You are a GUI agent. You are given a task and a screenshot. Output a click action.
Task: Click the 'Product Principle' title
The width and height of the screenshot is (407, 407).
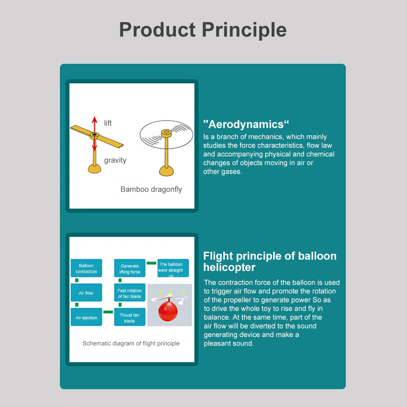point(203,30)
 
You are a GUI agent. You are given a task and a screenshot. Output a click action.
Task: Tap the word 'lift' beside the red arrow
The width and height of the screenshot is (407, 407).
point(108,123)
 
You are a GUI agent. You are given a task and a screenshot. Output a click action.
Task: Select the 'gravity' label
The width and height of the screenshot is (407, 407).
point(115,160)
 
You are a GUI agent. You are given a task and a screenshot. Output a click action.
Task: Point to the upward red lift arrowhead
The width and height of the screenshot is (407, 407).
point(94,120)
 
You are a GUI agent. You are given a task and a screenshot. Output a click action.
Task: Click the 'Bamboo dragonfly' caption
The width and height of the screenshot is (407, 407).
point(151,189)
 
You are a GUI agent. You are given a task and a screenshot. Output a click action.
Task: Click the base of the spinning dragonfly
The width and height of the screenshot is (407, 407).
point(166,171)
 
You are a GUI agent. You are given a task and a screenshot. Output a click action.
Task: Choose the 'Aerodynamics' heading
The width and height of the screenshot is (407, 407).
point(246,124)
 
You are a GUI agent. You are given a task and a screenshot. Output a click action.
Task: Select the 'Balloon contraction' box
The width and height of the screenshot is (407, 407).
point(86,268)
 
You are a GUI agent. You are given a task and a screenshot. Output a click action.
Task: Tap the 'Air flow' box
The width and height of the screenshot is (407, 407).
point(86,292)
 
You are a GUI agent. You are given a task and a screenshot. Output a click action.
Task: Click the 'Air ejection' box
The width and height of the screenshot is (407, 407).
point(86,317)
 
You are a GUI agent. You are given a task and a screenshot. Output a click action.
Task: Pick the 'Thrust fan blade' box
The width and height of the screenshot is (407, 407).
point(130,317)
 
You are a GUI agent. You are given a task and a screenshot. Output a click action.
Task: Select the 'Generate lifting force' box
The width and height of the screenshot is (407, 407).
point(130,268)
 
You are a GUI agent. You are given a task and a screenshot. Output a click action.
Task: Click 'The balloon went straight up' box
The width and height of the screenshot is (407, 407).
point(173,268)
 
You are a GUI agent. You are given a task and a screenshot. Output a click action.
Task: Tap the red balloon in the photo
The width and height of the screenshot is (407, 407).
point(168,311)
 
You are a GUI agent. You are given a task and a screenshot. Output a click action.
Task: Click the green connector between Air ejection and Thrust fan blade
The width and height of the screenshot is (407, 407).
point(108,312)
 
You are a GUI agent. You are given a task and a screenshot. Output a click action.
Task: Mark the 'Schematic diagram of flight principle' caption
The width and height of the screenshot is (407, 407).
point(131,344)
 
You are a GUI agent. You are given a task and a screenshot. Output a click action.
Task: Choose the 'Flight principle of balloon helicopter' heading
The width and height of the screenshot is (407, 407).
point(270,262)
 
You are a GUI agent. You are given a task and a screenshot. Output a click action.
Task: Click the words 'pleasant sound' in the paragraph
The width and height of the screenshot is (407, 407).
point(229,344)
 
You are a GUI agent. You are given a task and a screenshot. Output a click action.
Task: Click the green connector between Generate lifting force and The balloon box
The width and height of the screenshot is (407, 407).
point(151,263)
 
